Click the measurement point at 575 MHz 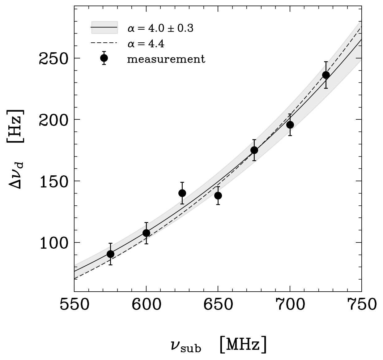point(110,254)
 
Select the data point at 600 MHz point(146,233)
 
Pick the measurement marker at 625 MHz point(182,193)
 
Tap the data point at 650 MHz point(218,195)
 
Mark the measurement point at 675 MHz point(254,150)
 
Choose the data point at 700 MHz point(290,125)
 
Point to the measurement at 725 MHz point(326,75)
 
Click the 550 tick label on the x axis point(74,304)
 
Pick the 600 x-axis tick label point(146,304)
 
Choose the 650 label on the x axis point(218,304)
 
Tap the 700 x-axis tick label point(290,304)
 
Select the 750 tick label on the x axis point(361,304)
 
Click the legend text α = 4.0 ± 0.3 point(160,29)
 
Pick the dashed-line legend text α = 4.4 point(146,44)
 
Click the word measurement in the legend point(166,59)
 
